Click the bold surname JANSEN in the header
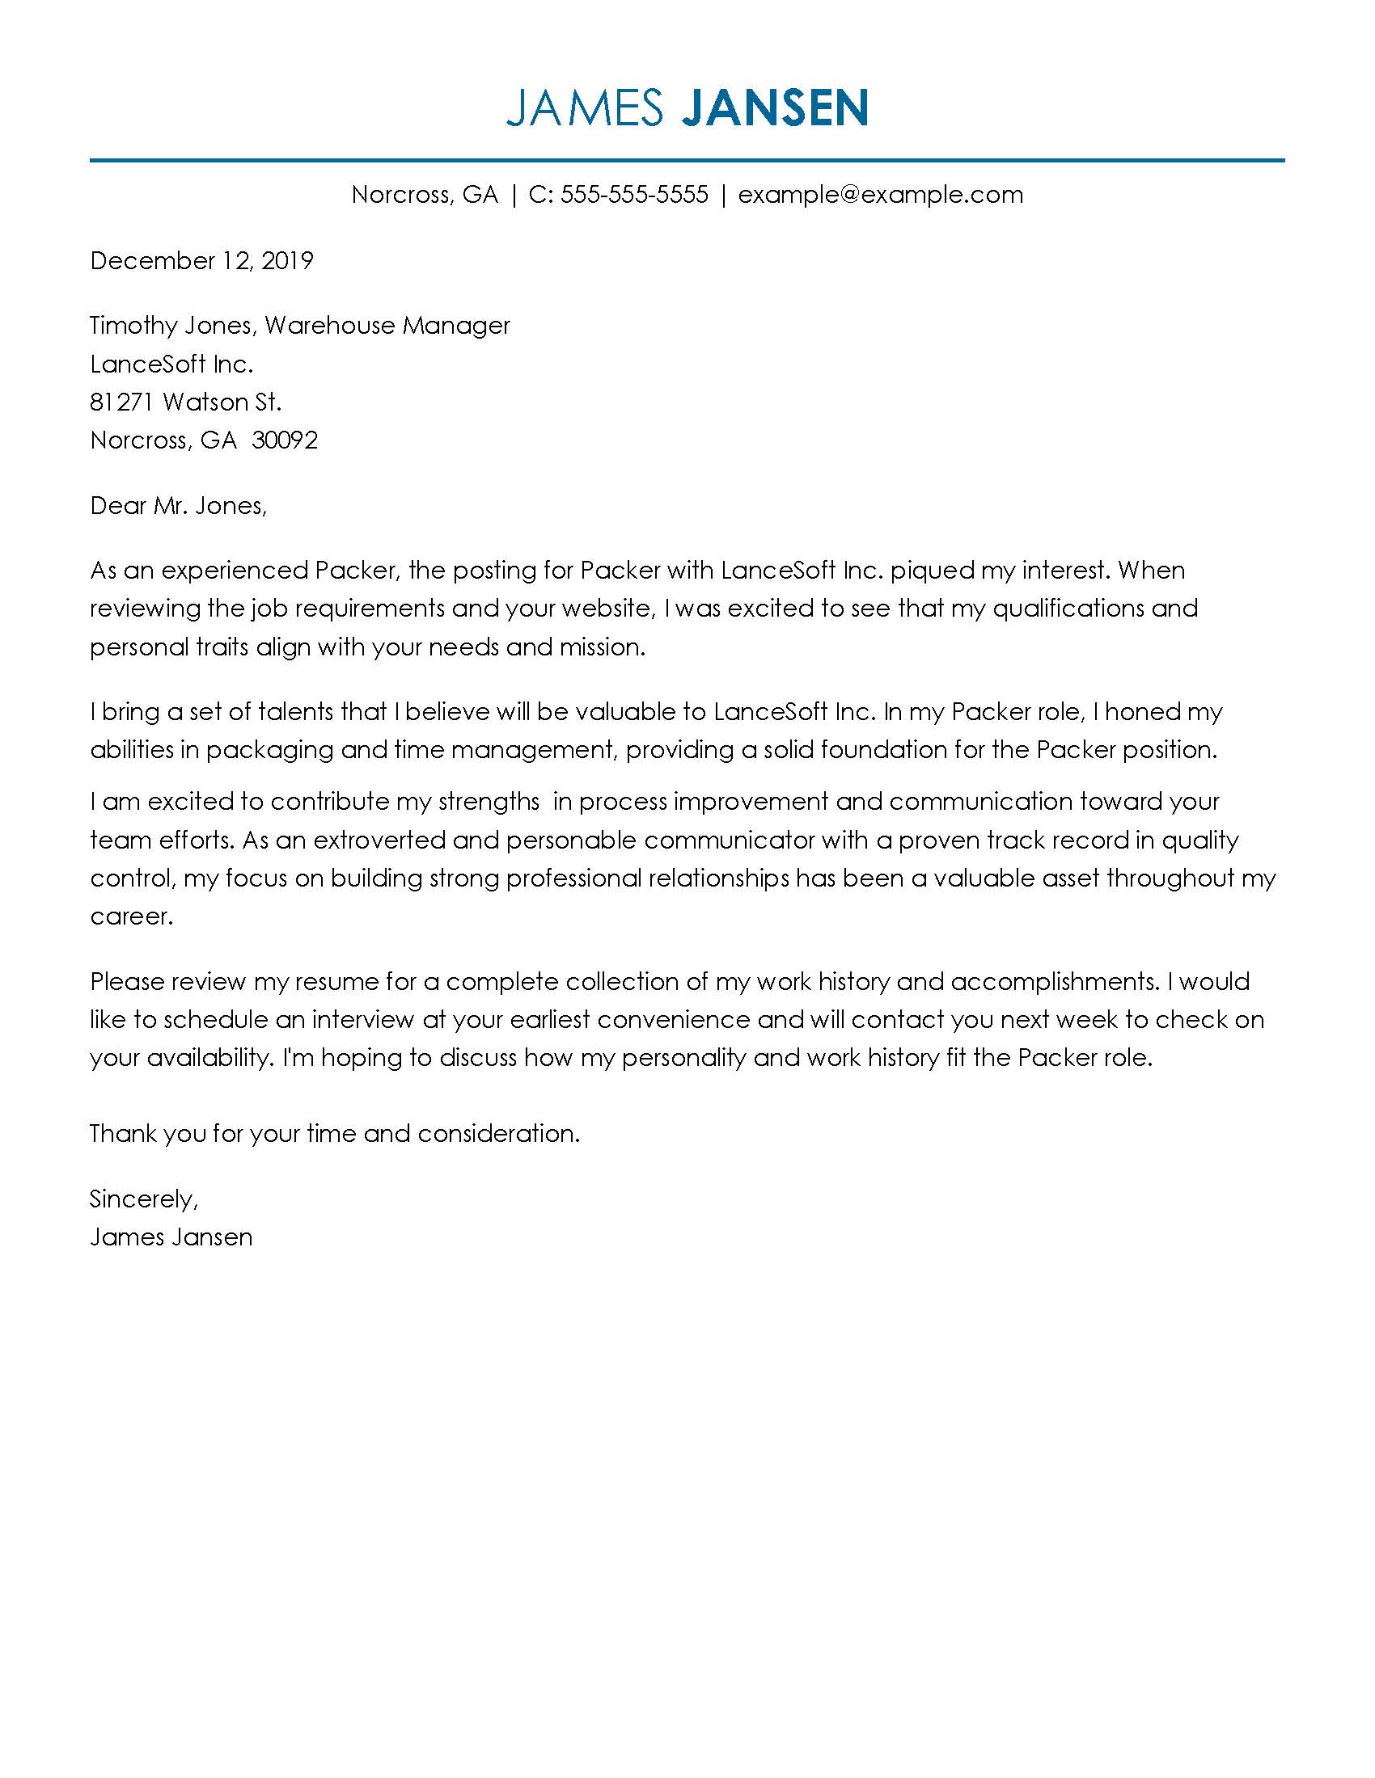click(x=774, y=108)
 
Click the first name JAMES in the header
click(x=585, y=108)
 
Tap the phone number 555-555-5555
click(x=635, y=195)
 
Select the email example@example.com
click(x=881, y=195)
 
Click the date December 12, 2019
click(x=201, y=260)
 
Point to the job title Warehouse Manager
click(x=387, y=326)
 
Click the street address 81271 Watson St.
click(x=186, y=402)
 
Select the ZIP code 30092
click(x=284, y=440)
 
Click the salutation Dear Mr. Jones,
click(x=179, y=506)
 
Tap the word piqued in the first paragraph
click(x=932, y=571)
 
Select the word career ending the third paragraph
click(x=130, y=917)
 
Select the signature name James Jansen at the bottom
click(x=171, y=1237)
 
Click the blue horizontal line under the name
click(x=687, y=160)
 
